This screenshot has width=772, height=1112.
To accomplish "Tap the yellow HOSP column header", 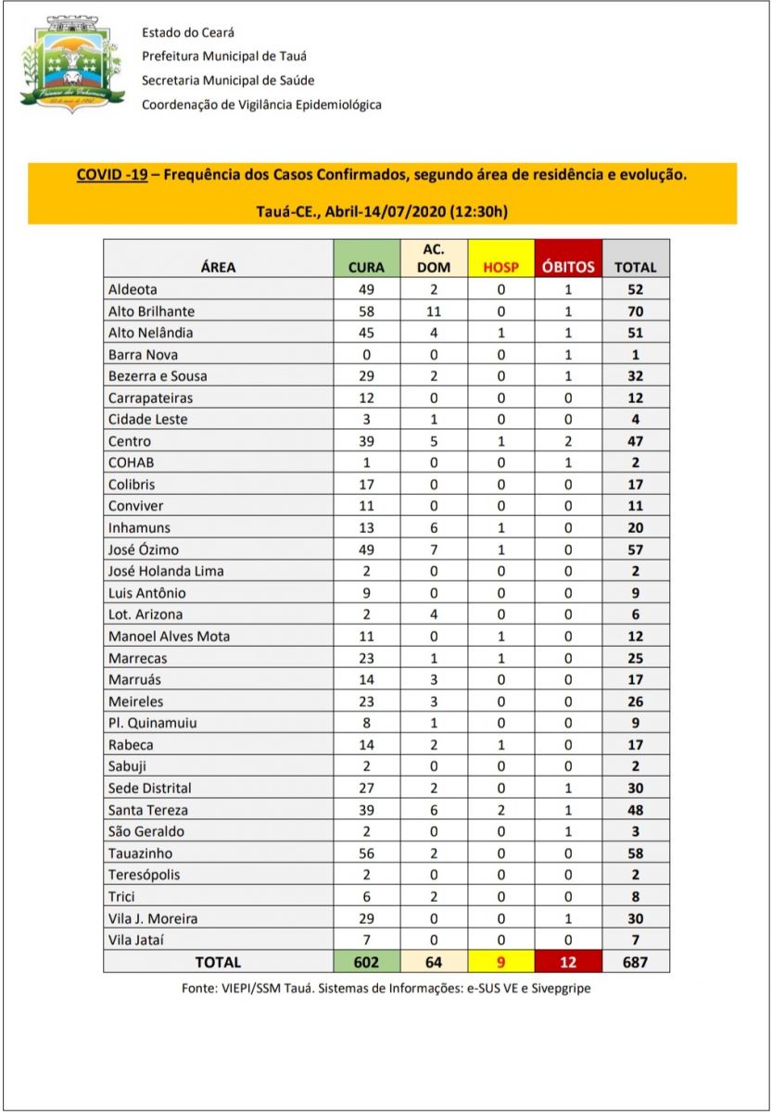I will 501,267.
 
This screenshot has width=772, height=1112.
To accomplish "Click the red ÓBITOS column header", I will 569,267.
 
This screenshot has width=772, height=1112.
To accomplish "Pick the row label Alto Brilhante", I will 151,310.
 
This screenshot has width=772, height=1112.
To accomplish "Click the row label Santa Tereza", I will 148,809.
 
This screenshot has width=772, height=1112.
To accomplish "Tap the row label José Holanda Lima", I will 166,571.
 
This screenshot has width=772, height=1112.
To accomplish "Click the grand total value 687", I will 635,962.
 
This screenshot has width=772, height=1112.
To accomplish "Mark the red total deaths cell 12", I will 569,962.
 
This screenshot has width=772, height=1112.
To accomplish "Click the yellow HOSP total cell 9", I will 501,962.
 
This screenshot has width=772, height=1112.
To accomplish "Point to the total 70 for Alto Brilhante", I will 635,310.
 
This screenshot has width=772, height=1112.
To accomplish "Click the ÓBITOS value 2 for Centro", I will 569,441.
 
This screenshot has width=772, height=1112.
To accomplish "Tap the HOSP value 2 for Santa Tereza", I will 501,809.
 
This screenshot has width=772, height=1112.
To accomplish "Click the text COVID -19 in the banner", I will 112,174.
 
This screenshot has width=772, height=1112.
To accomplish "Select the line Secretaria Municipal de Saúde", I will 229,81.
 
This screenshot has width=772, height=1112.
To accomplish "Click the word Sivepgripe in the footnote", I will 559,989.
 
